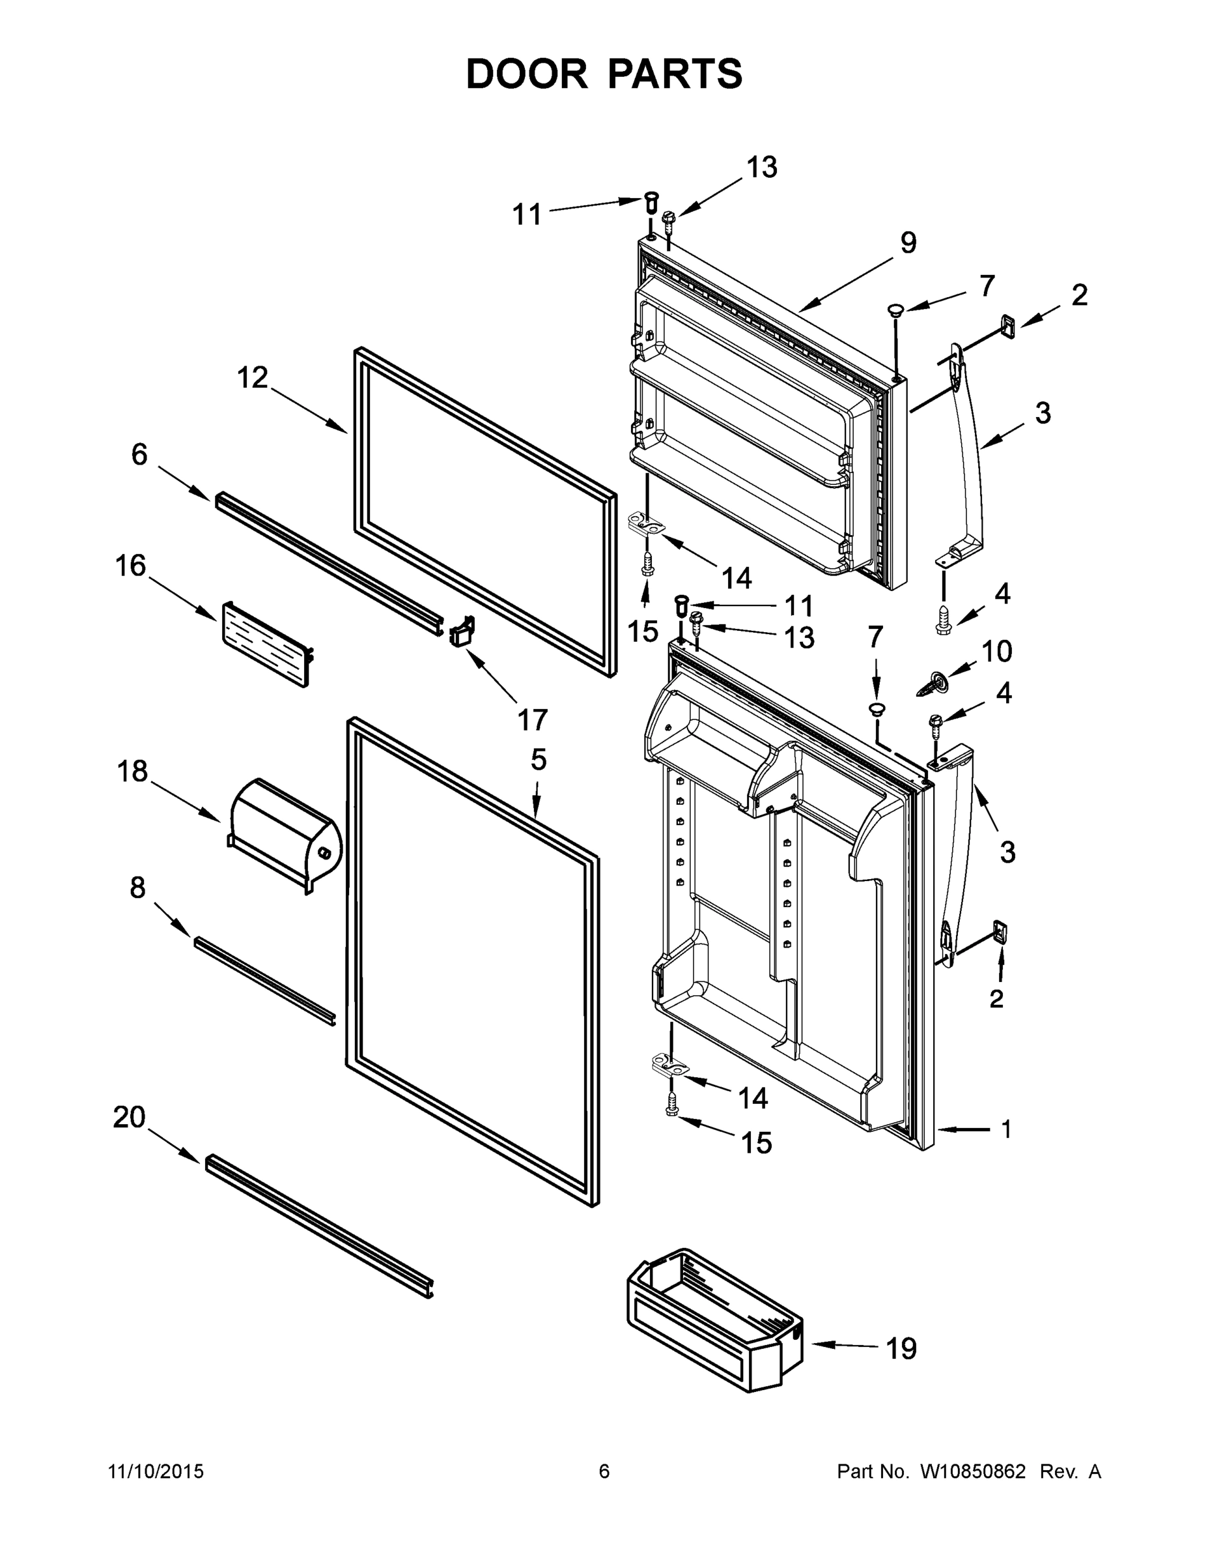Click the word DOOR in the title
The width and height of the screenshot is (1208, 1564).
[x=527, y=74]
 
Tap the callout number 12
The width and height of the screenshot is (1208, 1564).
[x=252, y=377]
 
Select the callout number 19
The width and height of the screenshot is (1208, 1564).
[x=901, y=1348]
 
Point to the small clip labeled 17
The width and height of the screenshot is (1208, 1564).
[x=462, y=631]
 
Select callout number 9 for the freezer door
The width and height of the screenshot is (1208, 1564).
[x=907, y=243]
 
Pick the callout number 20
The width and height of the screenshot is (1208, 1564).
[x=130, y=1116]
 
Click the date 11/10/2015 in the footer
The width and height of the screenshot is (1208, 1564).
[x=156, y=1471]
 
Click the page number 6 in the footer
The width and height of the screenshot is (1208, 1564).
[x=604, y=1471]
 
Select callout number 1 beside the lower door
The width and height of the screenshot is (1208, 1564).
[x=1006, y=1129]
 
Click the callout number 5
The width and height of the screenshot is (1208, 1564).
[x=538, y=760]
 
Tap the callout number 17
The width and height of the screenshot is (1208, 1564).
[x=533, y=719]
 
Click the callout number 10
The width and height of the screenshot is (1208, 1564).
[x=996, y=651]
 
